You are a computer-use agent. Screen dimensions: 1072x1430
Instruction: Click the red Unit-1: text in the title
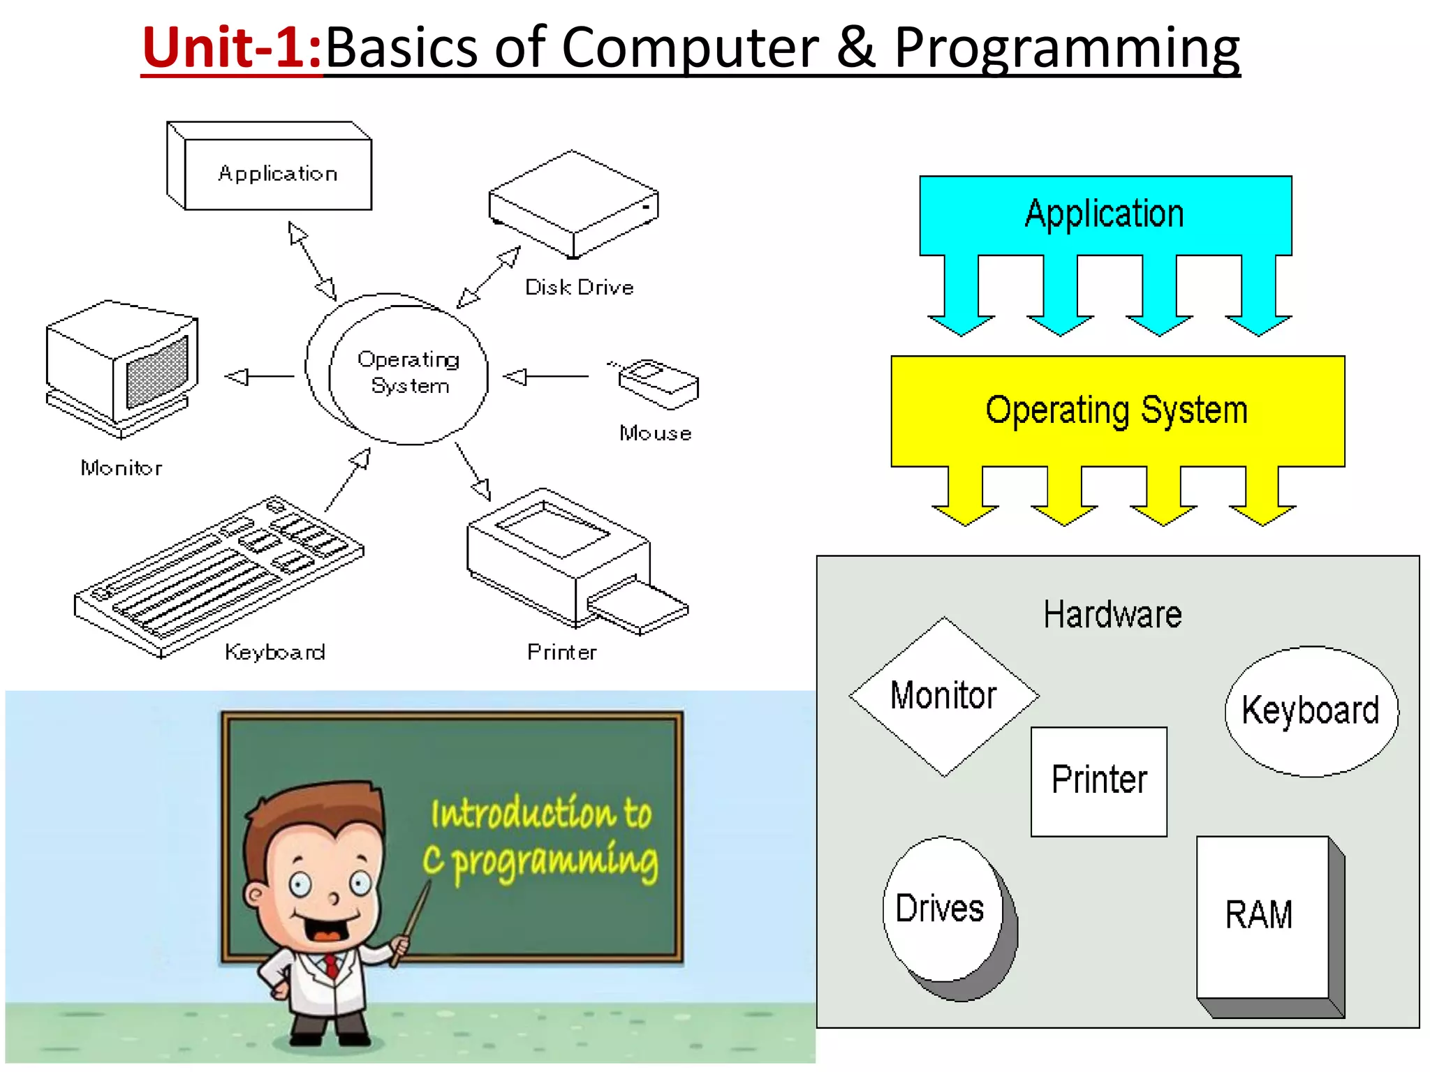tap(231, 47)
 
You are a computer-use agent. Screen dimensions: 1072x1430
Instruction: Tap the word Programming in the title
tap(1066, 47)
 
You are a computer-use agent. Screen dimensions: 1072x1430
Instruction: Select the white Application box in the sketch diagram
tap(278, 173)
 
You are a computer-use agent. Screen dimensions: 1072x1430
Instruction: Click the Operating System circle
tap(408, 373)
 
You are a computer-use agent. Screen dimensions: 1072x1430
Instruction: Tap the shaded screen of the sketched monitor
tap(157, 373)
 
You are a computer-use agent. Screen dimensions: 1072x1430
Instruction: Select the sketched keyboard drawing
tap(219, 576)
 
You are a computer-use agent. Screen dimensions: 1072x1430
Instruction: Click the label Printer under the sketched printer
tap(562, 653)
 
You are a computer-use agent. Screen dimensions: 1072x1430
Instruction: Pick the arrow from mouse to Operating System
tap(545, 377)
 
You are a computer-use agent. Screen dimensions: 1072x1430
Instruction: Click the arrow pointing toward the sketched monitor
tap(258, 377)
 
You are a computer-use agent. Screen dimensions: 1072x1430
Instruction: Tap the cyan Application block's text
tap(1105, 214)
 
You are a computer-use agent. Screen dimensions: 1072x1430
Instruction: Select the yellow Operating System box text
tap(1116, 410)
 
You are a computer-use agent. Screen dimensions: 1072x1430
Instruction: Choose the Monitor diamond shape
tap(943, 696)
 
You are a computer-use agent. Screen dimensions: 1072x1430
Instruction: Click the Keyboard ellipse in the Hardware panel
tap(1311, 710)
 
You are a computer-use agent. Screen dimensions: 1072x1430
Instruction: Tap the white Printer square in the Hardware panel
tap(1099, 780)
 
